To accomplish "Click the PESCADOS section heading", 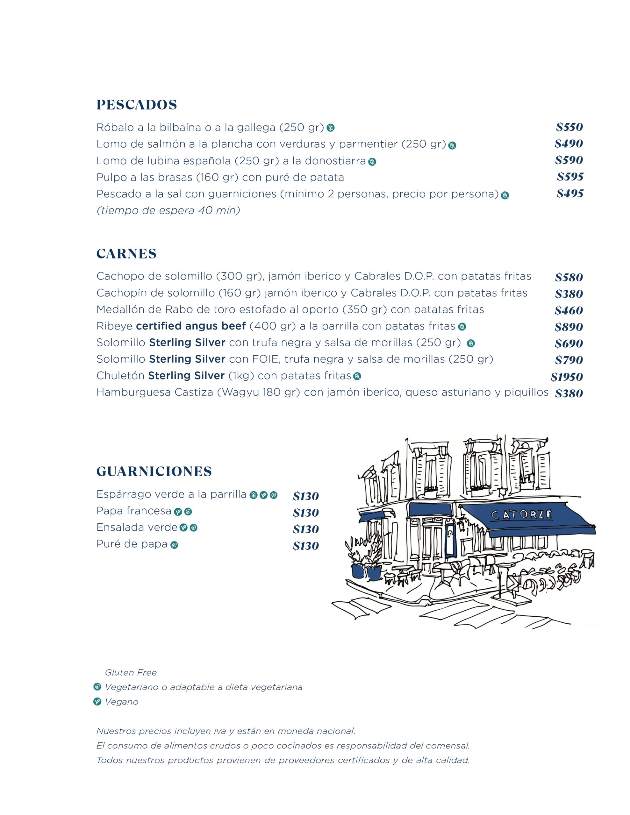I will (x=137, y=105).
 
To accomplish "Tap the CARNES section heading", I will (x=126, y=254).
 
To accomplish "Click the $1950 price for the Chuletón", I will (x=567, y=377).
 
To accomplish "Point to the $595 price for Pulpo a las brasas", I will (x=570, y=177).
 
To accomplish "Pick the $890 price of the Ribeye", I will (x=569, y=327).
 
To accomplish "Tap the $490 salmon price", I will (x=569, y=144).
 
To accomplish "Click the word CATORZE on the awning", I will (x=521, y=515).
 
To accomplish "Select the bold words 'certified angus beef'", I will (x=190, y=326).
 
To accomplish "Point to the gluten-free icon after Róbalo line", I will (x=331, y=128).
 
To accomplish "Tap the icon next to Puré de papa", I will (x=174, y=545).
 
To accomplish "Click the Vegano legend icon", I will (x=97, y=702).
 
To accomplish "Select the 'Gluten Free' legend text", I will (x=131, y=673).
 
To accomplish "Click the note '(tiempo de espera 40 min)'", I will (x=168, y=211).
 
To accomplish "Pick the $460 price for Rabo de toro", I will (x=569, y=310).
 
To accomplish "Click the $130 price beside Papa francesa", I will (x=305, y=513).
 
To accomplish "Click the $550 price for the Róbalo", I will (x=569, y=127).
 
